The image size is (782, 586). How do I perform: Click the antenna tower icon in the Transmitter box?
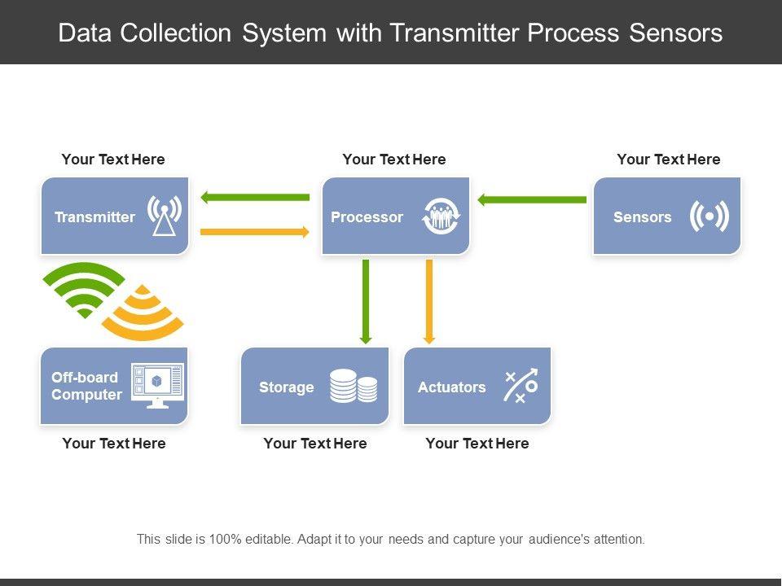pyautogui.click(x=164, y=215)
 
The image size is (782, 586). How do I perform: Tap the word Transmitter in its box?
pyautogui.click(x=94, y=217)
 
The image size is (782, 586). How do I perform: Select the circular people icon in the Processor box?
pyautogui.click(x=441, y=216)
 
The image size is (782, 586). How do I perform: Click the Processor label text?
pyautogui.click(x=367, y=217)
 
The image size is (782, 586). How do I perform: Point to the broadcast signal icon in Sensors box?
pyautogui.click(x=710, y=216)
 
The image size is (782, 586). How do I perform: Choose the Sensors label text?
pyautogui.click(x=643, y=217)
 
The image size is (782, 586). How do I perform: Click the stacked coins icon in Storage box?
pyautogui.click(x=354, y=386)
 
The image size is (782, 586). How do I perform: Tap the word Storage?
pyautogui.click(x=286, y=387)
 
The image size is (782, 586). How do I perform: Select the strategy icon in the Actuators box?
pyautogui.click(x=521, y=385)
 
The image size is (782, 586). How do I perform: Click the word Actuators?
pyautogui.click(x=452, y=387)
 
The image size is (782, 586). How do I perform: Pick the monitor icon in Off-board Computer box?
pyautogui.click(x=157, y=386)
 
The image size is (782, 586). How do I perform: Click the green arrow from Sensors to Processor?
pyautogui.click(x=532, y=200)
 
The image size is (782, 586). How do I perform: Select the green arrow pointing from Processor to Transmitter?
pyautogui.click(x=255, y=197)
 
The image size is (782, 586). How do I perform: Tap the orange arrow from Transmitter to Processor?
pyautogui.click(x=255, y=232)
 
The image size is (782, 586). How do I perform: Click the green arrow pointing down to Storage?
pyautogui.click(x=366, y=302)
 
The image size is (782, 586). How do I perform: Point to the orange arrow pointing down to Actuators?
pyautogui.click(x=429, y=302)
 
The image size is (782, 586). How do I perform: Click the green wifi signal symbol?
pyautogui.click(x=84, y=290)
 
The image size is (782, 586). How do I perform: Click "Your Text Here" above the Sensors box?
pyautogui.click(x=668, y=160)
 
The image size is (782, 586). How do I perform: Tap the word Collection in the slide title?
pyautogui.click(x=176, y=33)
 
